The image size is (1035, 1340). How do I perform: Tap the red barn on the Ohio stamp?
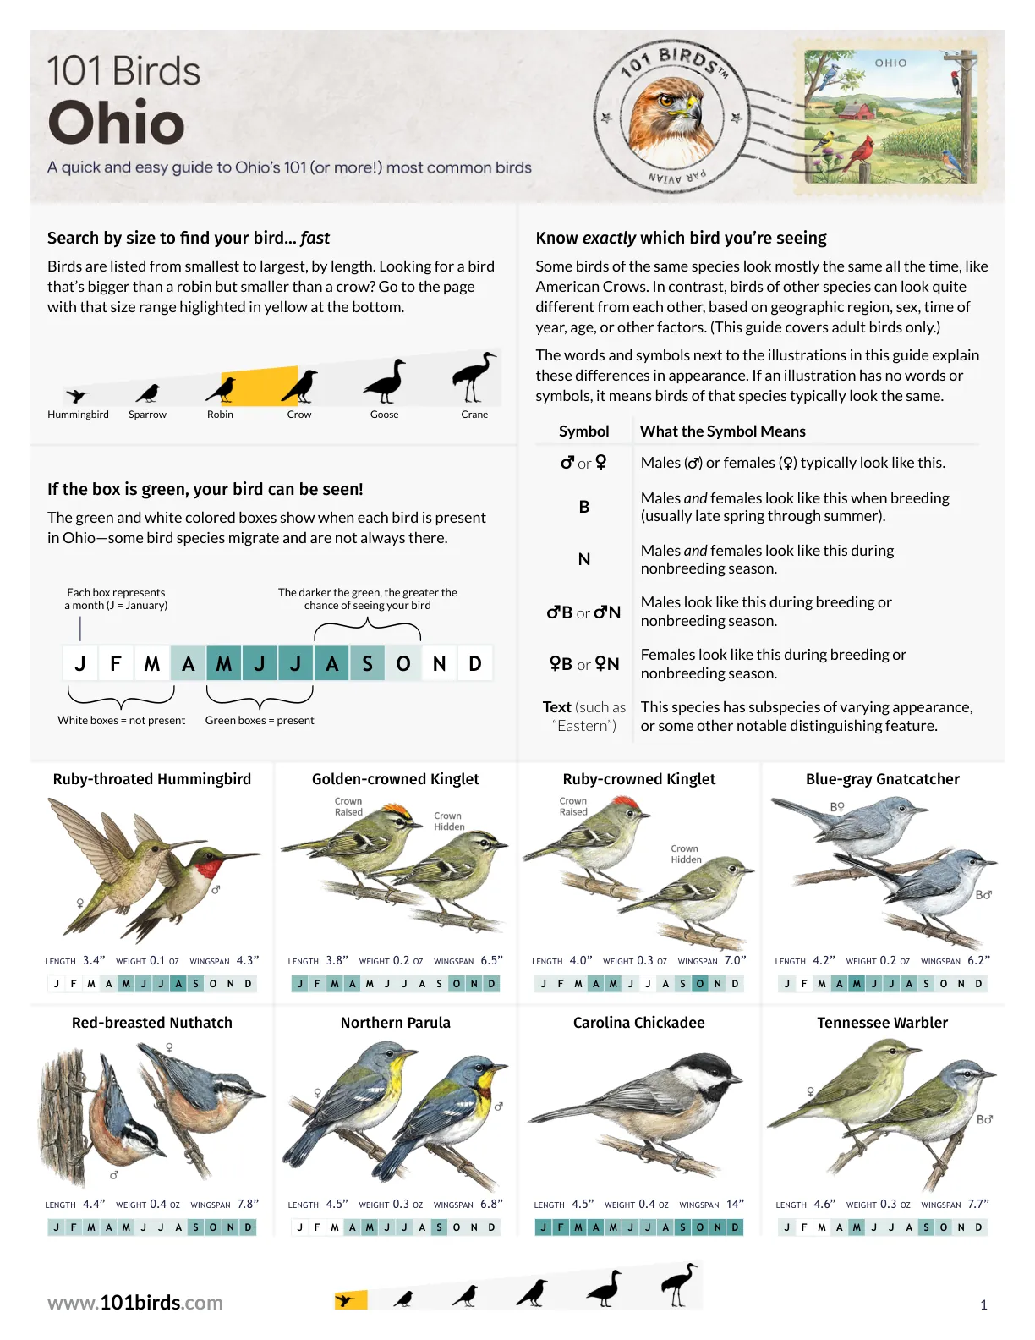(x=857, y=110)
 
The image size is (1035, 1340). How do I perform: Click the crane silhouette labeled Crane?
(x=474, y=376)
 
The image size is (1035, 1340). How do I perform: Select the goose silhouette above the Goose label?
(x=386, y=381)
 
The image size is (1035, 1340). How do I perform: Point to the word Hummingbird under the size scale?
(x=79, y=415)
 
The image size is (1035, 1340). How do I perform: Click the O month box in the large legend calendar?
(x=403, y=663)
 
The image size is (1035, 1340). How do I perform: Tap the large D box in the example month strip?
(x=474, y=663)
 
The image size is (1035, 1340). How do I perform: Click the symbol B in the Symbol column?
(x=583, y=507)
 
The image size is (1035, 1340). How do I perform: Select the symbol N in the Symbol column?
(x=583, y=559)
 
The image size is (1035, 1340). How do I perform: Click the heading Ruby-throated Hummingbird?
(x=151, y=779)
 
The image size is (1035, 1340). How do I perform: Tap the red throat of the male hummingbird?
(x=208, y=869)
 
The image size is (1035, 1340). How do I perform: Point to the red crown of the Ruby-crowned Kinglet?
(x=624, y=802)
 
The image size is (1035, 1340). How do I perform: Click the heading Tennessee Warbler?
(x=882, y=1023)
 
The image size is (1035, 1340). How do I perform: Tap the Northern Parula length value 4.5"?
(x=337, y=1204)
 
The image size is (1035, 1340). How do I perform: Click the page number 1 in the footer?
(x=983, y=1304)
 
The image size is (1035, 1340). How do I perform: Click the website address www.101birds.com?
(x=135, y=1303)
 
